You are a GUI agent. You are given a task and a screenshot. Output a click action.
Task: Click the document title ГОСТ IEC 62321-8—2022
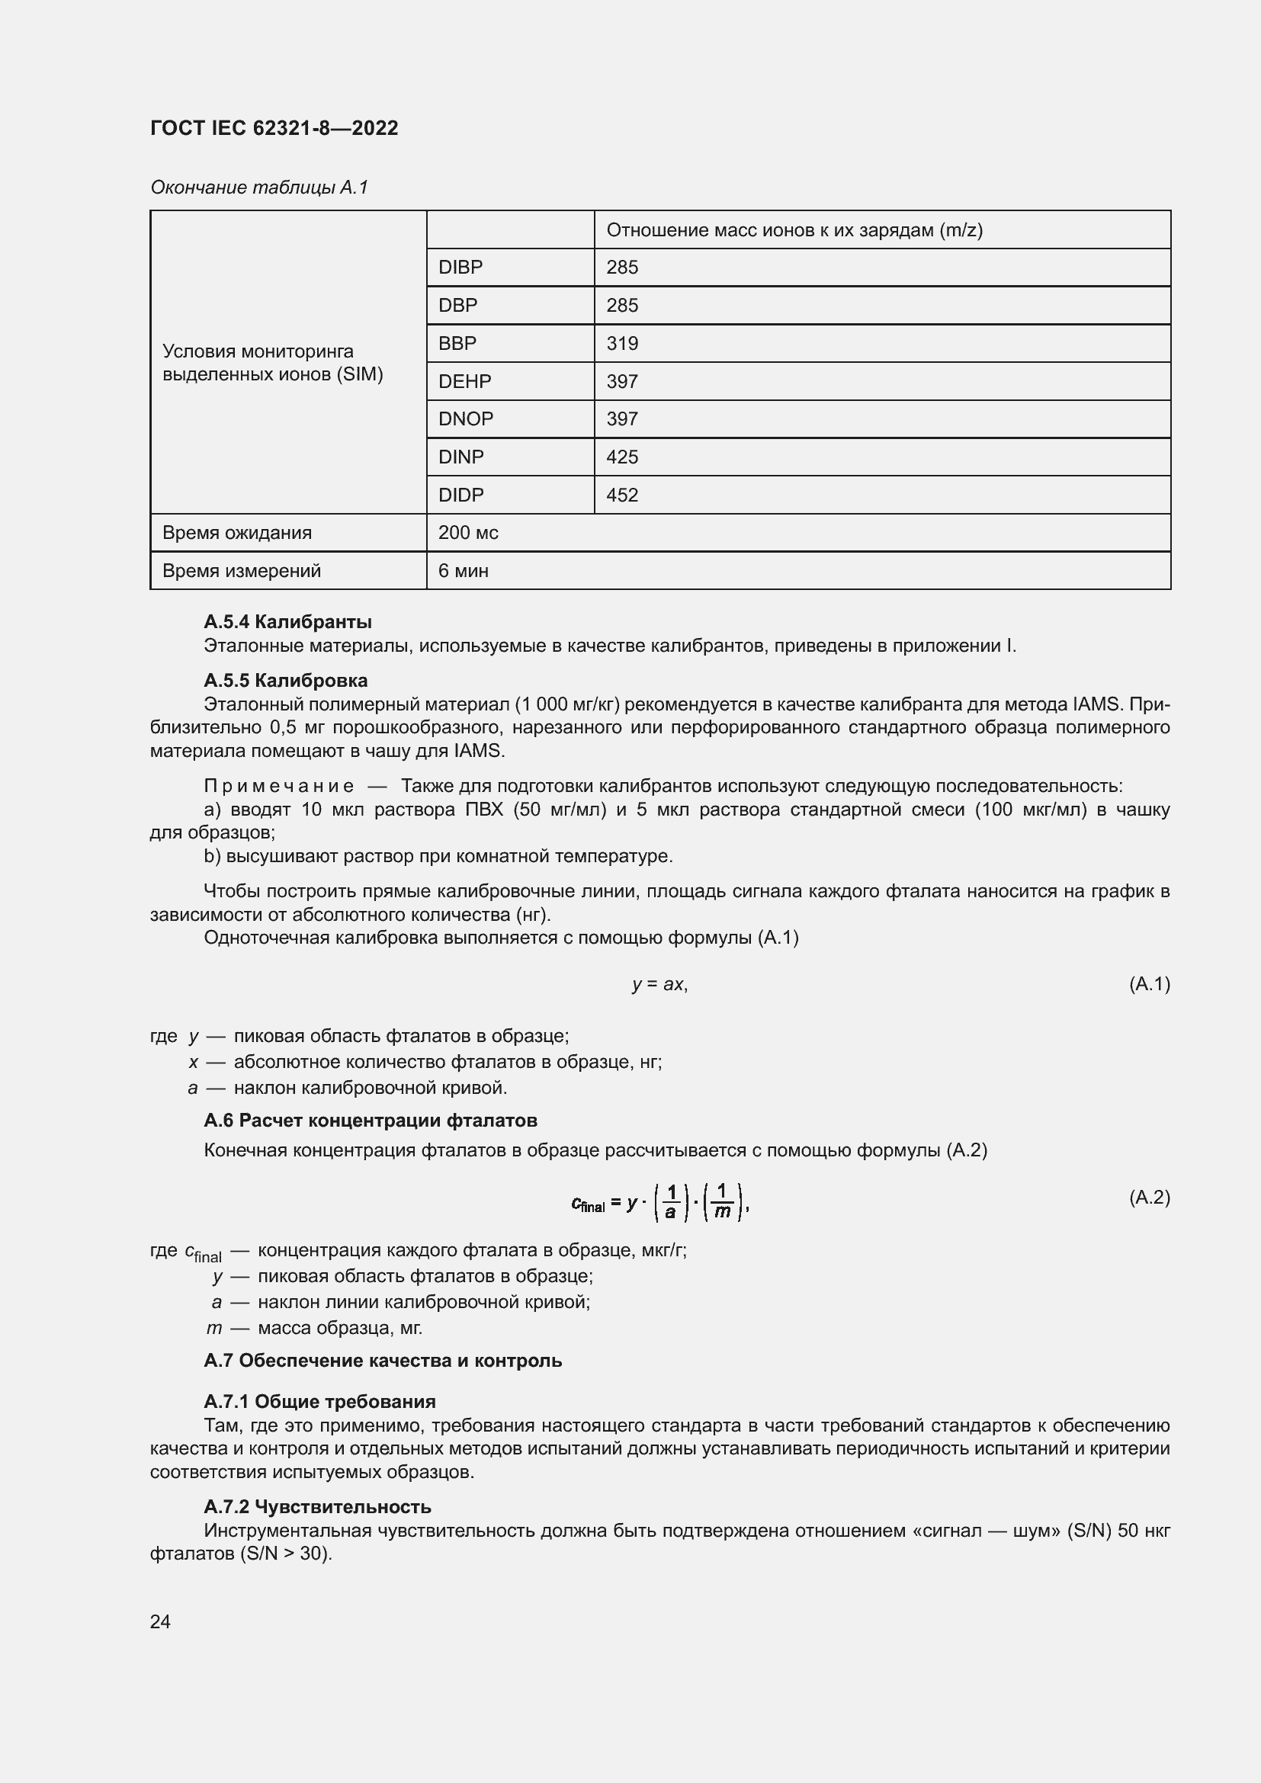[274, 128]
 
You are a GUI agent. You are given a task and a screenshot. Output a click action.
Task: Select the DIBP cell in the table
[460, 267]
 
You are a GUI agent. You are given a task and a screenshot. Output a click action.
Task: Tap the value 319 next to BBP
[622, 343]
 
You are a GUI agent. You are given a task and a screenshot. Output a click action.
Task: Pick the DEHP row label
[464, 381]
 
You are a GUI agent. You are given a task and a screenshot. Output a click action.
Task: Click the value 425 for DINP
[622, 457]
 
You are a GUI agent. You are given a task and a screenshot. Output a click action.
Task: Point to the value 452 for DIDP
[622, 495]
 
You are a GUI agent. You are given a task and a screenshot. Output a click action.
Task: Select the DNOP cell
[465, 418]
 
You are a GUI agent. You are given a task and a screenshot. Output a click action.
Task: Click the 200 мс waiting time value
[468, 533]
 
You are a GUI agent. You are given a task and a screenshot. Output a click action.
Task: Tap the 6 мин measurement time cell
[463, 571]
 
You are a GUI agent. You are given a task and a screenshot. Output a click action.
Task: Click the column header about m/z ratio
[794, 230]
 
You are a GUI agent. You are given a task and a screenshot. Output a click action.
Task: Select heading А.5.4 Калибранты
[287, 622]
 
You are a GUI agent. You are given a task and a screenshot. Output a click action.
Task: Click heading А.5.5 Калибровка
[285, 680]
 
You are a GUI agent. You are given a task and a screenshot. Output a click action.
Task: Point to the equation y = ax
[659, 984]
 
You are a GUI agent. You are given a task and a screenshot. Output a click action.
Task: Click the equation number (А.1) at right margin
[1148, 984]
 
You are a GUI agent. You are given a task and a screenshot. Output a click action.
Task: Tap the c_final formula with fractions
[659, 1203]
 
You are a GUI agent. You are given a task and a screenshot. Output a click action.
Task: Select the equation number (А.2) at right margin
[1148, 1197]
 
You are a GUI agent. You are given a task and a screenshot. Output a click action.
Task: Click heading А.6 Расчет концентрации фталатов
[371, 1121]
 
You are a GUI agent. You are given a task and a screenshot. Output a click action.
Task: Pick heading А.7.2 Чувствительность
[317, 1506]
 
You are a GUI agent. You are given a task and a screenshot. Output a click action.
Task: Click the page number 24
[160, 1621]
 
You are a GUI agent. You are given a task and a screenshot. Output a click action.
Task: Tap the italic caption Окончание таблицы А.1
[258, 188]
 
